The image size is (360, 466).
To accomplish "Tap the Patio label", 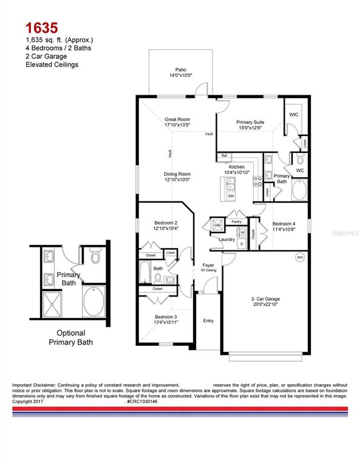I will pyautogui.click(x=180, y=71).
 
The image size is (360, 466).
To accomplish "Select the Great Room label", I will pyautogui.click(x=177, y=120).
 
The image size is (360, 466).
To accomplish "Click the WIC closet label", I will pyautogui.click(x=294, y=114).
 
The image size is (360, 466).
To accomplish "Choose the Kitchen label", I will pyautogui.click(x=236, y=167).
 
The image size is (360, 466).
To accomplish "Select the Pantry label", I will pyautogui.click(x=237, y=222).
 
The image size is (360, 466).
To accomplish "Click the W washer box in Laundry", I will pyautogui.click(x=243, y=232).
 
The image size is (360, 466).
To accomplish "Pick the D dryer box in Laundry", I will pyautogui.click(x=242, y=244).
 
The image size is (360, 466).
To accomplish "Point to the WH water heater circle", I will pyautogui.click(x=299, y=258).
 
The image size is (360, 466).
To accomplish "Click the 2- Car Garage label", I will pyautogui.click(x=265, y=299).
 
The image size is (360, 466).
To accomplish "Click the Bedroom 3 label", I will pyautogui.click(x=166, y=317).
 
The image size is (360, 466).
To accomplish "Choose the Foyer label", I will pyautogui.click(x=208, y=265).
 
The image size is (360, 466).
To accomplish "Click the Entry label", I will pyautogui.click(x=208, y=320).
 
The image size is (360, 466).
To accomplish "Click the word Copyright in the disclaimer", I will pyautogui.click(x=24, y=401).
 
